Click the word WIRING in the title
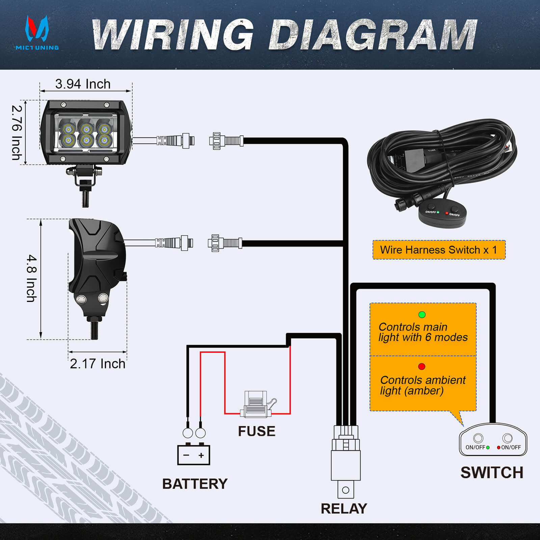[172, 35]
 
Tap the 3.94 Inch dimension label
[83, 84]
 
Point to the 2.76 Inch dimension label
[17, 133]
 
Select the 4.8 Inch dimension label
[32, 278]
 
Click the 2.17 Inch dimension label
[98, 364]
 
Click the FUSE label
[256, 431]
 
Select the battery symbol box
[194, 455]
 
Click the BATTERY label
[195, 484]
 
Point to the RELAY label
[344, 509]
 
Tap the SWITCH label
[492, 473]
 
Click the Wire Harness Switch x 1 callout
[439, 250]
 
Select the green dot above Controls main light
[422, 315]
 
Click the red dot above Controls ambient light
[422, 367]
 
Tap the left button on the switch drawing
[478, 438]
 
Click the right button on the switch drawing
[507, 438]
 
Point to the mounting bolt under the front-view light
[85, 197]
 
